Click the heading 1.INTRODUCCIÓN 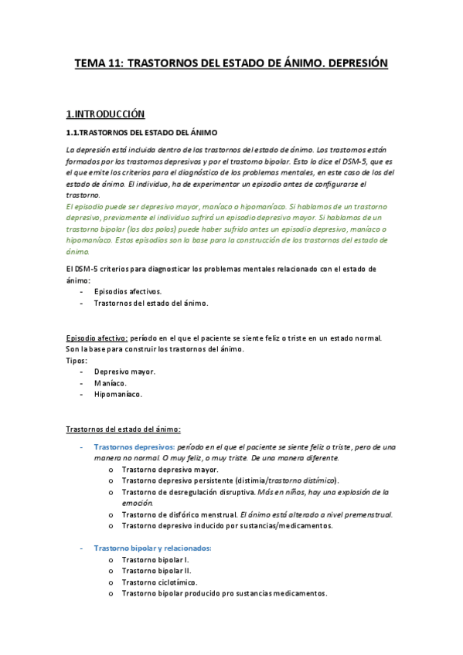(x=105, y=114)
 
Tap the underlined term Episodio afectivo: (x=97, y=338)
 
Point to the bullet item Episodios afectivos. (x=128, y=292)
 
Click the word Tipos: (x=77, y=360)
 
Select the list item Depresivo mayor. (x=124, y=372)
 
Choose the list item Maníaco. (x=111, y=383)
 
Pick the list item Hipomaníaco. (x=117, y=394)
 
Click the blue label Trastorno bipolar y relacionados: (x=152, y=548)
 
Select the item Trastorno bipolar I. (x=155, y=559)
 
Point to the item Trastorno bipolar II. (x=157, y=571)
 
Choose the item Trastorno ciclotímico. (x=159, y=582)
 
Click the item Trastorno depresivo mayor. (x=170, y=469)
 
